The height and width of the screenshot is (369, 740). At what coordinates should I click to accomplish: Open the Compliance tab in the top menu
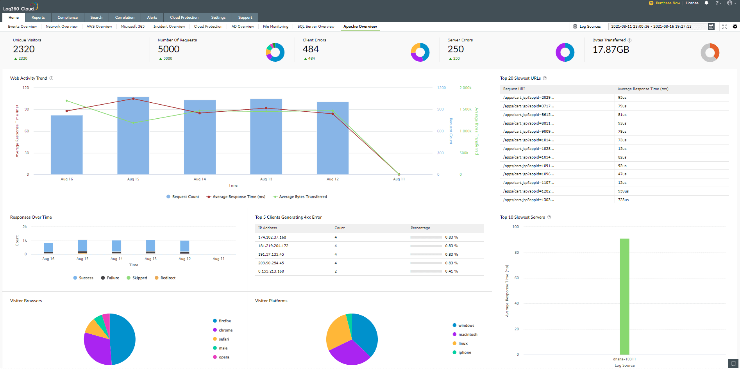pyautogui.click(x=68, y=18)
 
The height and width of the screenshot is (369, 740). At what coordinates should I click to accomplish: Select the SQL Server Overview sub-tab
pyautogui.click(x=316, y=27)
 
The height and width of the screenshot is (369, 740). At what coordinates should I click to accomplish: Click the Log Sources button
pyautogui.click(x=587, y=27)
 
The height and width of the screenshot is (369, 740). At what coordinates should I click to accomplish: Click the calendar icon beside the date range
pyautogui.click(x=711, y=27)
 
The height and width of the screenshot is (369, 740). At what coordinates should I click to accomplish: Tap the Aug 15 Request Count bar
pyautogui.click(x=133, y=137)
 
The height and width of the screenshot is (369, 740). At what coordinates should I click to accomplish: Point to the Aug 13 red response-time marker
pyautogui.click(x=266, y=108)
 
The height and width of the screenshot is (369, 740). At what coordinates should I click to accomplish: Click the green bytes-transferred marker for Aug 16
pyautogui.click(x=67, y=101)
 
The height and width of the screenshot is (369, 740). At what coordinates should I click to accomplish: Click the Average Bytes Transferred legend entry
pyautogui.click(x=303, y=197)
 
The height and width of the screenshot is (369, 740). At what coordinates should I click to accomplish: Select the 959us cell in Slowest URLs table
pyautogui.click(x=623, y=191)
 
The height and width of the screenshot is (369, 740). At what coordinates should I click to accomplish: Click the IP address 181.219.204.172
pyautogui.click(x=273, y=246)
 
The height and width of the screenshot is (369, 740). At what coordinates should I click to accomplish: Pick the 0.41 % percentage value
pyautogui.click(x=451, y=271)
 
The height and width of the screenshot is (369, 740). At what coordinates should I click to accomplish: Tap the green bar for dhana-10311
pyautogui.click(x=624, y=297)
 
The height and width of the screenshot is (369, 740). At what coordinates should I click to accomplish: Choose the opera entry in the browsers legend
pyautogui.click(x=224, y=357)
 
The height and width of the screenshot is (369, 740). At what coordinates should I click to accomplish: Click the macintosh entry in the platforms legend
pyautogui.click(x=468, y=335)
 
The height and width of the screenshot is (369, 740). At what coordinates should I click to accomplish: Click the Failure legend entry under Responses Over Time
pyautogui.click(x=113, y=278)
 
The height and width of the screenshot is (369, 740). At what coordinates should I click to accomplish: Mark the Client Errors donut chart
pyautogui.click(x=420, y=52)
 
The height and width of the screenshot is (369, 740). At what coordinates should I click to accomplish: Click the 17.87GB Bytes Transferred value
pyautogui.click(x=611, y=50)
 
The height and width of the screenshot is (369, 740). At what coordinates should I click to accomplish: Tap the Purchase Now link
pyautogui.click(x=667, y=3)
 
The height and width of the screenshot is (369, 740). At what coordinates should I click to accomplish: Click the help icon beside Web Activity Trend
pyautogui.click(x=51, y=78)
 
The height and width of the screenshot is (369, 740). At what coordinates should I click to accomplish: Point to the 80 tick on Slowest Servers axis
pyautogui.click(x=517, y=253)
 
